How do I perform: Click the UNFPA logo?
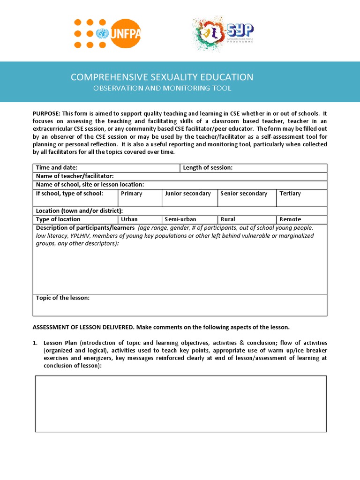[107, 33]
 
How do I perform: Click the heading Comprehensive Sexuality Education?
[162, 77]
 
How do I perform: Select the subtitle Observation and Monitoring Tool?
[162, 88]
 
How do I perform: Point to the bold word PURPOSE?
[46, 113]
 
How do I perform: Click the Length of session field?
[254, 168]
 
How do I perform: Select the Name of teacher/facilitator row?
[180, 176]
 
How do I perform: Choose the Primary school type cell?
[140, 197]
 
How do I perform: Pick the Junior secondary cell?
[189, 197]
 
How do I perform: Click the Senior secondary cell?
[247, 197]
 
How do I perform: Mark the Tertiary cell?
[301, 197]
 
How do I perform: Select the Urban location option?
[140, 219]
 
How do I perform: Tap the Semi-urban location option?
[189, 219]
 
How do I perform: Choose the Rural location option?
[247, 219]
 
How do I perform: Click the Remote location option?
[301, 219]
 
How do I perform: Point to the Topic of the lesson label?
[63, 298]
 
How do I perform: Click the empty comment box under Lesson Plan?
[180, 404]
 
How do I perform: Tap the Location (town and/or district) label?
[79, 211]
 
